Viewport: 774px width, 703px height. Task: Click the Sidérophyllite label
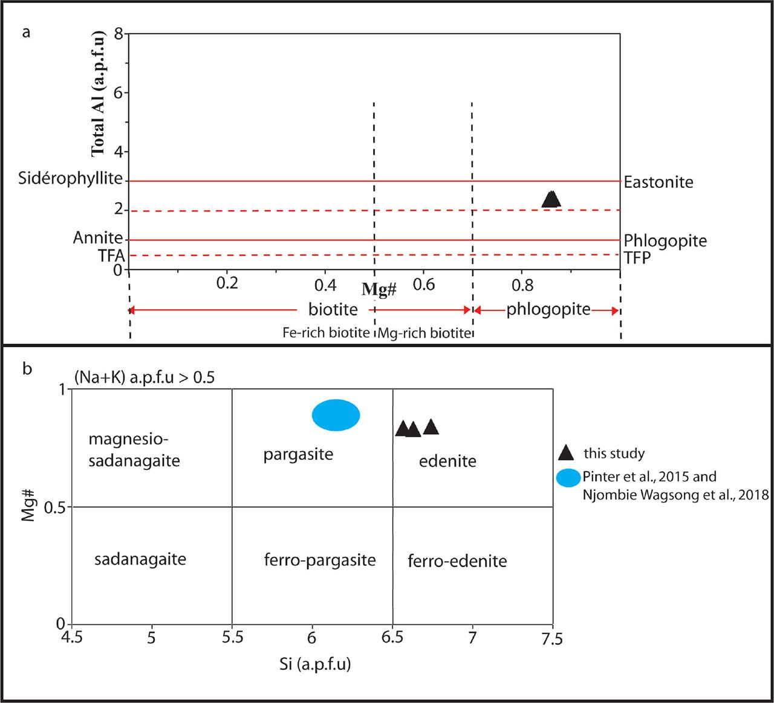[x=70, y=179]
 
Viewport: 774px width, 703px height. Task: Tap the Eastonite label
[x=659, y=182]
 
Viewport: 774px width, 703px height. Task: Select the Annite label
[x=97, y=237]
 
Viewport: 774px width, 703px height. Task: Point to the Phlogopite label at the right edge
[x=665, y=241]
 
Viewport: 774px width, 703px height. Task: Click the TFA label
[x=111, y=256]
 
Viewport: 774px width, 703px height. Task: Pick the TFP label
[x=637, y=258]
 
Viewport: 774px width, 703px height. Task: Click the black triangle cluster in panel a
[x=551, y=199]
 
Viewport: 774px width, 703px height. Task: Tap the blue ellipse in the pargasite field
[x=336, y=416]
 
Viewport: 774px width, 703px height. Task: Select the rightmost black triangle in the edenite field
[x=431, y=427]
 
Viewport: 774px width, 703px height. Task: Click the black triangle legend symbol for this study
[x=565, y=452]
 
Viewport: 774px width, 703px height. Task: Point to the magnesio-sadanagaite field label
[x=134, y=449]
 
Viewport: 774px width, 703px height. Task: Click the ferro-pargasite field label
[x=320, y=560]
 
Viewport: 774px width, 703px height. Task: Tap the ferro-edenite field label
[x=457, y=561]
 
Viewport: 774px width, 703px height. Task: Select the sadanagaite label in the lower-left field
[x=140, y=559]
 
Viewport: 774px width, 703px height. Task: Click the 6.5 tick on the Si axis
[x=393, y=637]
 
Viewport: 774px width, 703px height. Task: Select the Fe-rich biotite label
[x=326, y=333]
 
